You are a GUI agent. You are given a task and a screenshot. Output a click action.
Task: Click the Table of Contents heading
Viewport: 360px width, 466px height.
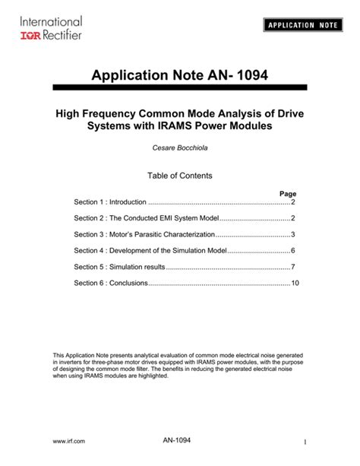tap(179, 176)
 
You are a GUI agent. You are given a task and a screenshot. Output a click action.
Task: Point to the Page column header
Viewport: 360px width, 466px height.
tap(288, 194)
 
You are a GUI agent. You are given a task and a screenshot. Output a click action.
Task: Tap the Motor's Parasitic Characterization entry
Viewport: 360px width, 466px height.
tap(145, 234)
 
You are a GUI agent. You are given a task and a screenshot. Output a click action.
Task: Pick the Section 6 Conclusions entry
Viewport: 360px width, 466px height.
tap(107, 283)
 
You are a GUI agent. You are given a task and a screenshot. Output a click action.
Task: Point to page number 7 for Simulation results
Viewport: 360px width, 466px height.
tap(292, 267)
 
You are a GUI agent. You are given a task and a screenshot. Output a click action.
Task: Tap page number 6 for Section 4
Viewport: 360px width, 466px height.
tap(292, 250)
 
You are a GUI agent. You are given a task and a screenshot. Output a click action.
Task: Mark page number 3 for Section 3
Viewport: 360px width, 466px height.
tap(292, 234)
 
